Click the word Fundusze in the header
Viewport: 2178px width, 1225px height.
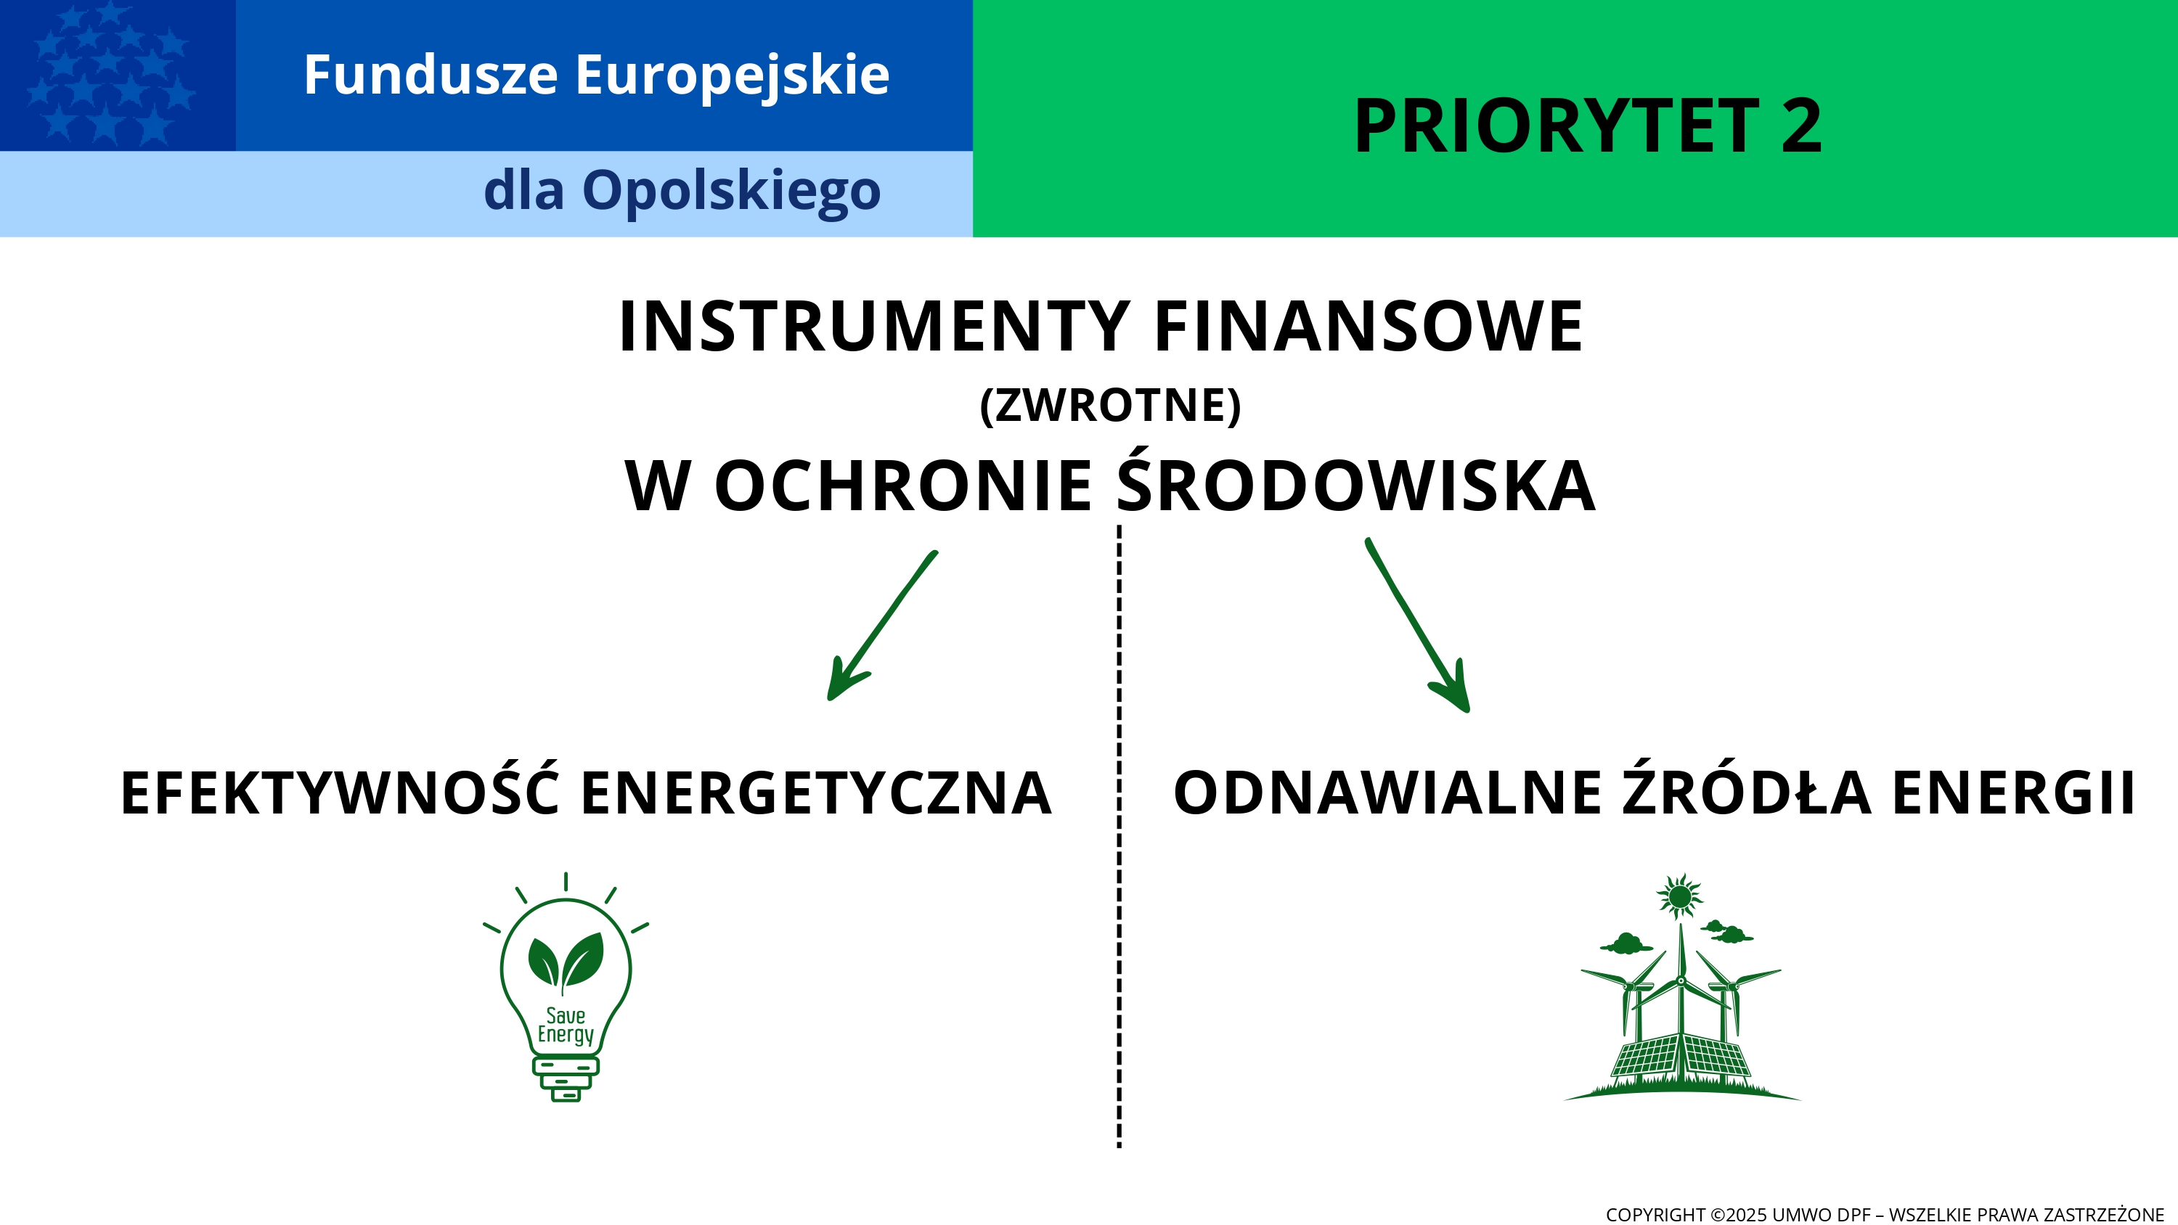(431, 75)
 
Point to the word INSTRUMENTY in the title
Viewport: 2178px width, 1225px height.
(874, 327)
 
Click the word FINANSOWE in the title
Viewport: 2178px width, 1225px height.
(1368, 327)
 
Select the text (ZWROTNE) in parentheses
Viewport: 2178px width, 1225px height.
(1110, 405)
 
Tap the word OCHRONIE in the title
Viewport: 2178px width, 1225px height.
(902, 486)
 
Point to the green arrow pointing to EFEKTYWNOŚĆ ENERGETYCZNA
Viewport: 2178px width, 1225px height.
(881, 626)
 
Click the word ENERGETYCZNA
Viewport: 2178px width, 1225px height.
(817, 793)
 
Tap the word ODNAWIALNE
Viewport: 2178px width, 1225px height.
(1387, 793)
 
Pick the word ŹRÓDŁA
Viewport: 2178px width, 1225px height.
(1746, 788)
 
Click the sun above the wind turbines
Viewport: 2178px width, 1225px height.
(1680, 896)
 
